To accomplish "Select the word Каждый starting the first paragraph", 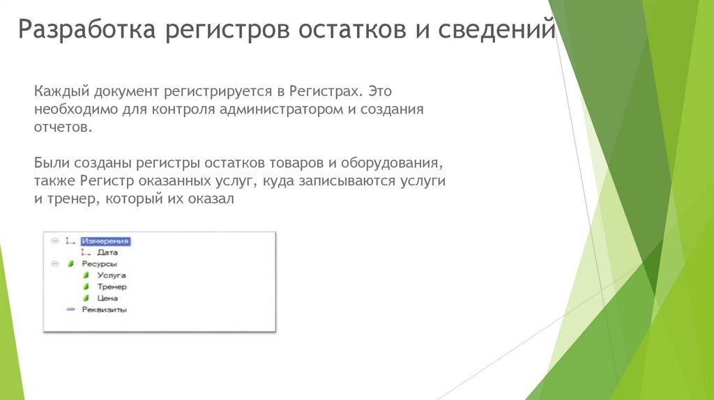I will pos(57,92).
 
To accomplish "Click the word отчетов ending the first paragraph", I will pos(61,128).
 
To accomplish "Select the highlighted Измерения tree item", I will pos(105,241).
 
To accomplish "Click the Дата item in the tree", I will pos(107,253).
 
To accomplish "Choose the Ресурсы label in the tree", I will pos(99,264).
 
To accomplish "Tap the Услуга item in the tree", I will pos(112,275).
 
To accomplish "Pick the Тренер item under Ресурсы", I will pos(112,286).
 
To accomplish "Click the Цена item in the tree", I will pos(107,298).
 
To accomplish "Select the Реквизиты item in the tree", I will pos(104,309).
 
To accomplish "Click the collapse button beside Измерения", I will pos(55,241).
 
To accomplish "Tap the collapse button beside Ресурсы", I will pos(55,264).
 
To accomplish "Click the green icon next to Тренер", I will pos(86,286).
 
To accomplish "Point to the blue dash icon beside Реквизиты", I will pos(70,309).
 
